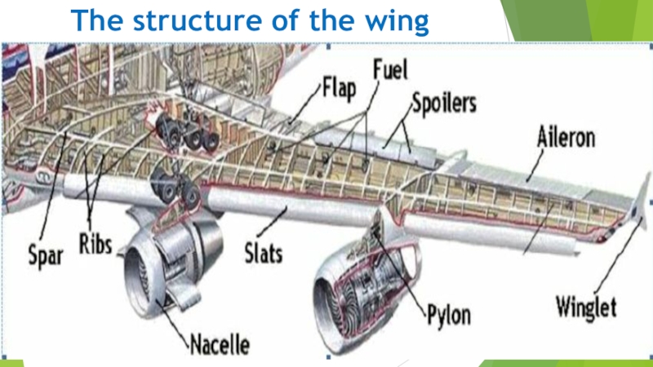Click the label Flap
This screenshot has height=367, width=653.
click(x=340, y=87)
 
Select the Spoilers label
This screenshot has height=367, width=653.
click(x=444, y=104)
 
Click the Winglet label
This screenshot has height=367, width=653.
click(x=591, y=308)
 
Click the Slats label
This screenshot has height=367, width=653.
click(x=263, y=254)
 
